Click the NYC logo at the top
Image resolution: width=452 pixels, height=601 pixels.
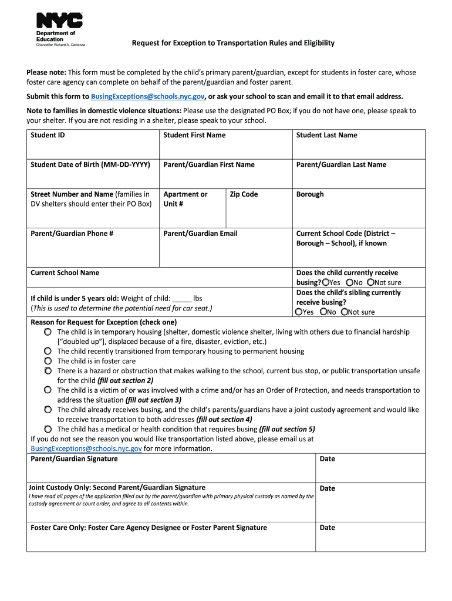(x=59, y=21)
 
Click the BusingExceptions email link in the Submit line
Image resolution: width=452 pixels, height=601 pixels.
(x=147, y=96)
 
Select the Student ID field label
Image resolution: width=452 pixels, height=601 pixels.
(x=48, y=135)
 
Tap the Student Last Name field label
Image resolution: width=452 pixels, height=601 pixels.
(x=326, y=135)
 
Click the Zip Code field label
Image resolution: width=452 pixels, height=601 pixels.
(x=244, y=194)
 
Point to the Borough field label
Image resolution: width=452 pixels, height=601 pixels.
(x=310, y=194)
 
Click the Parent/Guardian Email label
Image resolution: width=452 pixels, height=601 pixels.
(x=200, y=234)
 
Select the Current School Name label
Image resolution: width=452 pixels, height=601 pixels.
(x=65, y=273)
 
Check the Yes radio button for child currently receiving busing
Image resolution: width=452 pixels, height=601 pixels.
(x=325, y=282)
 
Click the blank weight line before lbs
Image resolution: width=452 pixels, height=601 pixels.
(x=183, y=298)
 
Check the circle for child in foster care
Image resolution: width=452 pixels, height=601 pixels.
(x=48, y=361)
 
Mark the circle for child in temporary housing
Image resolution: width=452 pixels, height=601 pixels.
(x=48, y=332)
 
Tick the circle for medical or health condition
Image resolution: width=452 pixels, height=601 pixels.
(x=48, y=429)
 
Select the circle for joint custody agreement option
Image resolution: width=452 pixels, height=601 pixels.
(x=48, y=410)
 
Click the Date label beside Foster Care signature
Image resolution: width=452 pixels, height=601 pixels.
(x=327, y=528)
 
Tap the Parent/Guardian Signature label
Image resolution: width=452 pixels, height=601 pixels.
(x=74, y=459)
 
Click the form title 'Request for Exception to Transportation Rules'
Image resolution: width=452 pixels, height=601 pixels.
(x=233, y=43)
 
